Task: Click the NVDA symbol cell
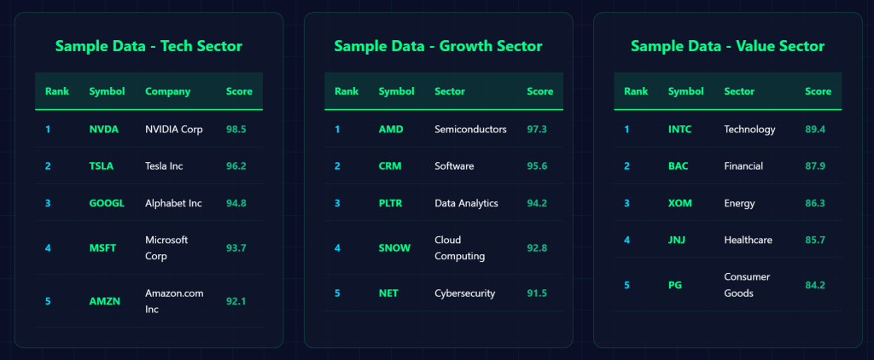103,130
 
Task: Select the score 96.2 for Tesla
236,165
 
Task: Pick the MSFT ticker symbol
102,248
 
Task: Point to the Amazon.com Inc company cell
174,300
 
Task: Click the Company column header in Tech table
167,91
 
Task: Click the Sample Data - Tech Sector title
149,46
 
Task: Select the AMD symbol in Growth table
391,130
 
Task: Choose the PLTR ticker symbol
392,203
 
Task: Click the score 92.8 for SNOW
537,248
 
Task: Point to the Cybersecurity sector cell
465,293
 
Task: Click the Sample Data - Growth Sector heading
438,46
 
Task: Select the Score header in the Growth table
539,91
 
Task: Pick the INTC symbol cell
681,130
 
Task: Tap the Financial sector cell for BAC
743,165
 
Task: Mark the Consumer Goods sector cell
747,285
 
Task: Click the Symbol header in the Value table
685,91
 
